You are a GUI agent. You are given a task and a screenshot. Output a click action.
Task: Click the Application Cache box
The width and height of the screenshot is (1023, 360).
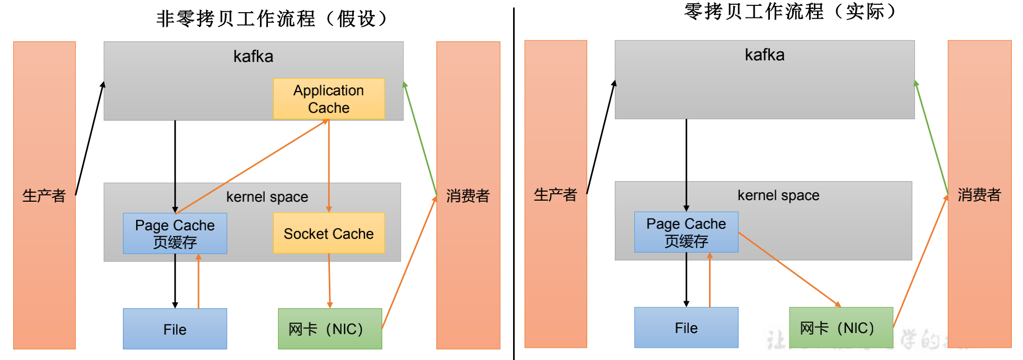click(x=329, y=99)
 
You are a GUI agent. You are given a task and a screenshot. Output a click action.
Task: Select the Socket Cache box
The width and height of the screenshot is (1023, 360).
click(x=329, y=233)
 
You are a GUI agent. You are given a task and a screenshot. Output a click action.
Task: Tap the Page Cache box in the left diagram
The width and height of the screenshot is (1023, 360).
click(x=175, y=233)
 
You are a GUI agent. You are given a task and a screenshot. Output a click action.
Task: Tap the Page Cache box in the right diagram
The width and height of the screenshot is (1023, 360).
click(x=686, y=232)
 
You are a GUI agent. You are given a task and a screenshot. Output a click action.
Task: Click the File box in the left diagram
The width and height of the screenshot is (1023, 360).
click(x=175, y=329)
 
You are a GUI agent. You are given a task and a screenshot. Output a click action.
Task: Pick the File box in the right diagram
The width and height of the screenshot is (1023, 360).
click(x=686, y=328)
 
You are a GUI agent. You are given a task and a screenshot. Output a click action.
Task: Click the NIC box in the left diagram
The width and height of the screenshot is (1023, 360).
click(x=330, y=329)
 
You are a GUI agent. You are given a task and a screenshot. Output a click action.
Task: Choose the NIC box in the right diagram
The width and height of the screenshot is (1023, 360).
click(x=841, y=328)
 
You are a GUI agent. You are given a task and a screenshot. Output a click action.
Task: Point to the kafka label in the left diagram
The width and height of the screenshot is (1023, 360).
click(x=253, y=57)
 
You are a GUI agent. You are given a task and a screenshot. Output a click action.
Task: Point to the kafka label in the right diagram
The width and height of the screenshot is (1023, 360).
click(x=765, y=55)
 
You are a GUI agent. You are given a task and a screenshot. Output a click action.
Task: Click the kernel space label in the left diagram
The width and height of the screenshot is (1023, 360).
click(x=267, y=197)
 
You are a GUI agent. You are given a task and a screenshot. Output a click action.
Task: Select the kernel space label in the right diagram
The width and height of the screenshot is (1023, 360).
click(x=778, y=195)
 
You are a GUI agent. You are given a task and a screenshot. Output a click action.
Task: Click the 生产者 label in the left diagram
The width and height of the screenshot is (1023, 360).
click(x=44, y=196)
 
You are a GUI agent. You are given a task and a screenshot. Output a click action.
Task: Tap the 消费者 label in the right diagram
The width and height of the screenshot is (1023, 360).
click(x=979, y=195)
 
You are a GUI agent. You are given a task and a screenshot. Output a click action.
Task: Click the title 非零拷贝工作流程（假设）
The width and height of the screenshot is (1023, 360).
click(x=273, y=19)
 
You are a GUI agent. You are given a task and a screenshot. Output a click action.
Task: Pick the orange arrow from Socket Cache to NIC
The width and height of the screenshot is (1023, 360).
click(x=329, y=281)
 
